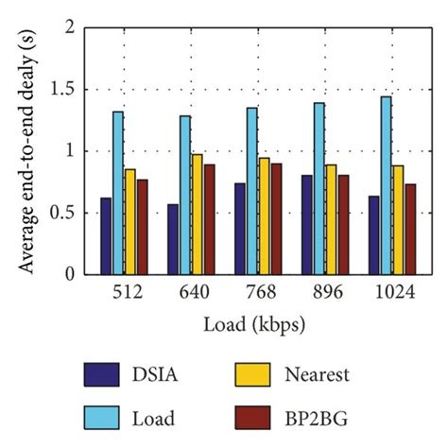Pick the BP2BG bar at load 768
(275, 218)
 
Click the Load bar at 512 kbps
(118, 193)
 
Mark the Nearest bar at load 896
(331, 219)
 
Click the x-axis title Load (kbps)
(253, 324)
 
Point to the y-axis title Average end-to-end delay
(28, 151)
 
